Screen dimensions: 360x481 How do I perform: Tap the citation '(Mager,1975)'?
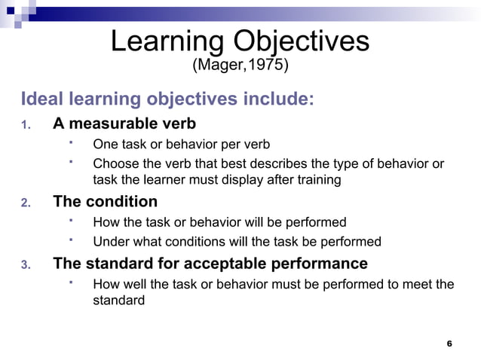click(x=240, y=66)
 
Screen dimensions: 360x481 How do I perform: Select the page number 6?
click(x=449, y=343)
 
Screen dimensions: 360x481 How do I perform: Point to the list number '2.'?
click(x=25, y=203)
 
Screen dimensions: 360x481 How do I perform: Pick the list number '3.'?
click(x=25, y=265)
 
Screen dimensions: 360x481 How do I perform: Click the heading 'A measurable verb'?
click(x=124, y=123)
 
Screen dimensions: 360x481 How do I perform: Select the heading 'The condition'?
click(x=105, y=202)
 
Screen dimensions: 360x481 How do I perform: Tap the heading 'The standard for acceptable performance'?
click(x=210, y=264)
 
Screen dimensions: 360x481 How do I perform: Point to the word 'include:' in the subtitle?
click(x=277, y=99)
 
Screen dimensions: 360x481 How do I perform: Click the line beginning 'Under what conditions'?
click(x=237, y=242)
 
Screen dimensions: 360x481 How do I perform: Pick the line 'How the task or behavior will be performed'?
click(x=219, y=223)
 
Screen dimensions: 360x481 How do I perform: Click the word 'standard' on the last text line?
click(x=118, y=301)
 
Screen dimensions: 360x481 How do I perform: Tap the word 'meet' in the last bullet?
click(x=417, y=285)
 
